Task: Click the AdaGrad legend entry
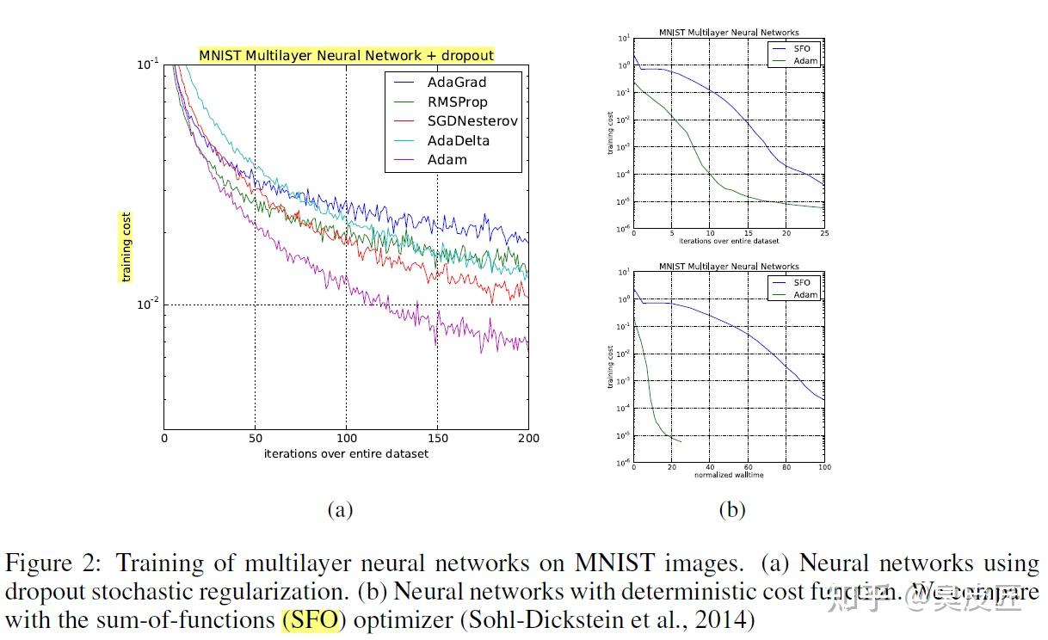[456, 83]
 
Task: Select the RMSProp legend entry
[457, 102]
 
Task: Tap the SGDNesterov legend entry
[472, 121]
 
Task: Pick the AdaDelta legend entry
[459, 140]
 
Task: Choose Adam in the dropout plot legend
[447, 159]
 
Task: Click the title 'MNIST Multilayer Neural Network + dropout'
[347, 55]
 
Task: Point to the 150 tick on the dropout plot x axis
[437, 438]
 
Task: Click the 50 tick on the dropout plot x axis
[255, 438]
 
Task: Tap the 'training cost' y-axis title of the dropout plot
[126, 247]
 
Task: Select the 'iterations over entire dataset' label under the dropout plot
[346, 453]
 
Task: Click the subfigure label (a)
[340, 509]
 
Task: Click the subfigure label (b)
[731, 509]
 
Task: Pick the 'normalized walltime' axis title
[729, 475]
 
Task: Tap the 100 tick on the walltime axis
[823, 468]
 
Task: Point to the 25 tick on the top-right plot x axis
[823, 234]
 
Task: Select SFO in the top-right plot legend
[801, 49]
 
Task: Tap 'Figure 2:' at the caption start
[55, 563]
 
